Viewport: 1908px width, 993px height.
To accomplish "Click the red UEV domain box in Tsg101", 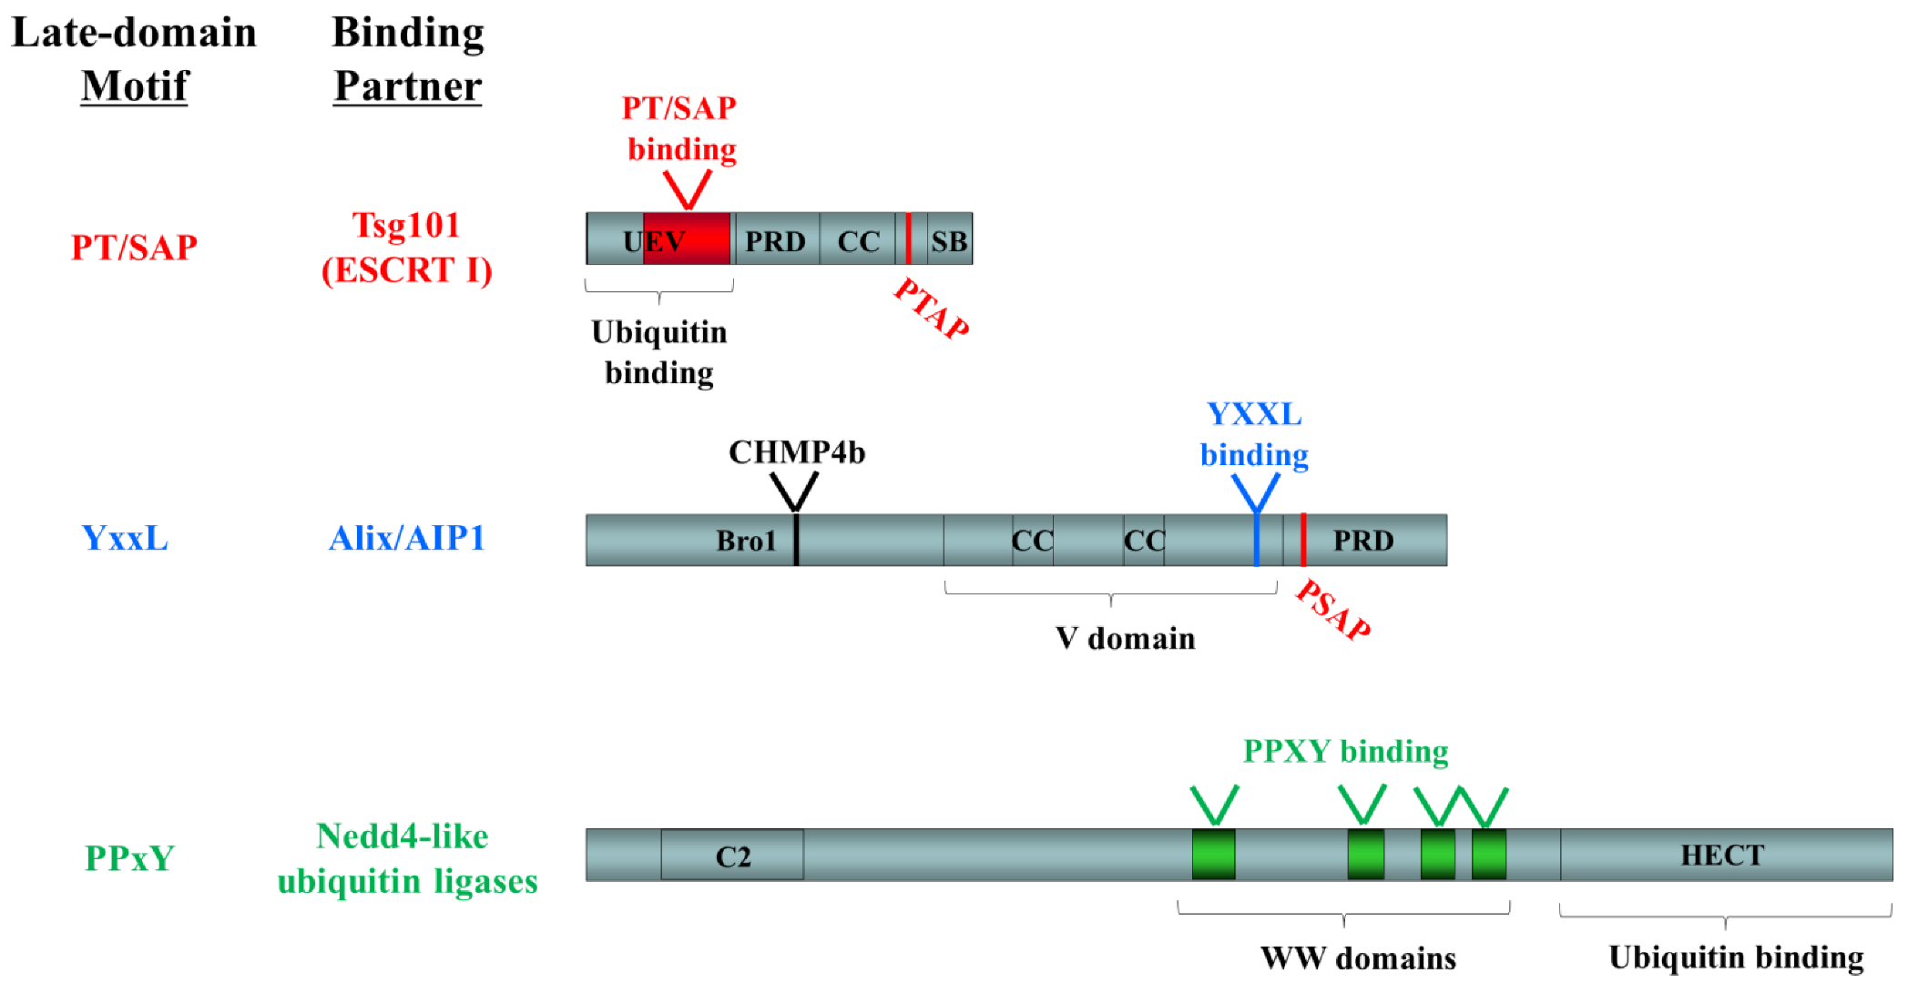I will (687, 239).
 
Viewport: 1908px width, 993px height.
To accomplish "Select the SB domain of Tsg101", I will (949, 241).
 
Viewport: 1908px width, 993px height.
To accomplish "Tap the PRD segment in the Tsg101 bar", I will (776, 241).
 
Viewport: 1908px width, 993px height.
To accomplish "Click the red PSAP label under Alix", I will (1333, 610).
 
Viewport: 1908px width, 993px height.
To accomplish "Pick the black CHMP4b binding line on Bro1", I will (796, 540).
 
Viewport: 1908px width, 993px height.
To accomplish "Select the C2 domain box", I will (732, 856).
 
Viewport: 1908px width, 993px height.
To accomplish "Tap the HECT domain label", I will (1722, 855).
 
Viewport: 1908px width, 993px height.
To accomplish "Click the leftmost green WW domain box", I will (1214, 855).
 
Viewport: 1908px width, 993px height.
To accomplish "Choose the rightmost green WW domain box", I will (1489, 855).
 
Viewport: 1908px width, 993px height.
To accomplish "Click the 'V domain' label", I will (1125, 638).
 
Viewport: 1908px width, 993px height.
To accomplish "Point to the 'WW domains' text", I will (1358, 958).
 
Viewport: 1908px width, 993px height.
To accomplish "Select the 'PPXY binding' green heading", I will (1345, 751).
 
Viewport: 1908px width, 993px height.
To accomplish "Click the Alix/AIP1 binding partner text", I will (406, 538).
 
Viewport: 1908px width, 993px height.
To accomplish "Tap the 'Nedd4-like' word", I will (402, 836).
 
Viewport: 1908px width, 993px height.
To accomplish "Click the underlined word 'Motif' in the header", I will (134, 86).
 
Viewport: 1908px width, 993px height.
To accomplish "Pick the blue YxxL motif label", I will (125, 538).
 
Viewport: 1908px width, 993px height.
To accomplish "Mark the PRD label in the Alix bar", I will (1363, 540).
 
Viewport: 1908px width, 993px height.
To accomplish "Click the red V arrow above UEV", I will (687, 189).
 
